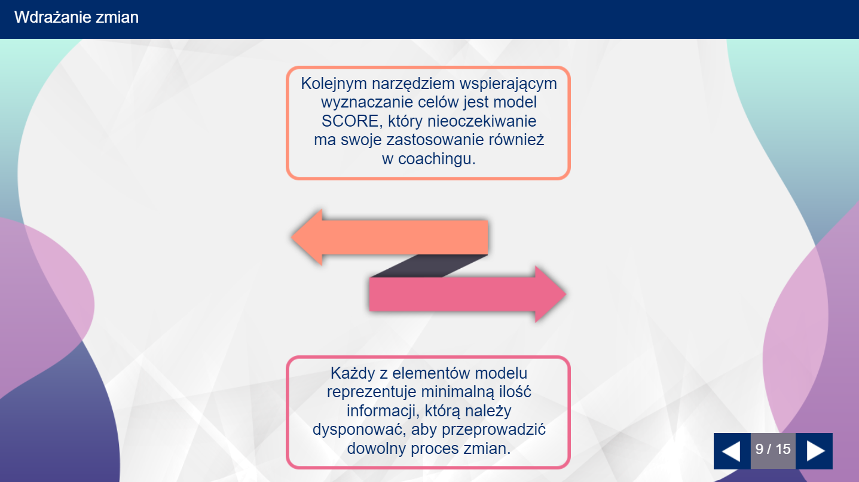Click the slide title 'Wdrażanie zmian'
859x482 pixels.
click(77, 18)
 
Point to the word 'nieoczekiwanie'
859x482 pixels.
click(482, 121)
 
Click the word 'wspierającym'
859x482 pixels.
click(508, 84)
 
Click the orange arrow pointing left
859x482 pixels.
click(389, 237)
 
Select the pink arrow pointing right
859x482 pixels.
click(468, 294)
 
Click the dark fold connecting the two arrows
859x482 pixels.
click(429, 266)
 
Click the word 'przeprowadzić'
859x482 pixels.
click(494, 430)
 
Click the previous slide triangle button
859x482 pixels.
click(732, 451)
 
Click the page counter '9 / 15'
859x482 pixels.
click(773, 449)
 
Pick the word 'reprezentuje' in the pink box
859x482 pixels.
click(371, 392)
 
